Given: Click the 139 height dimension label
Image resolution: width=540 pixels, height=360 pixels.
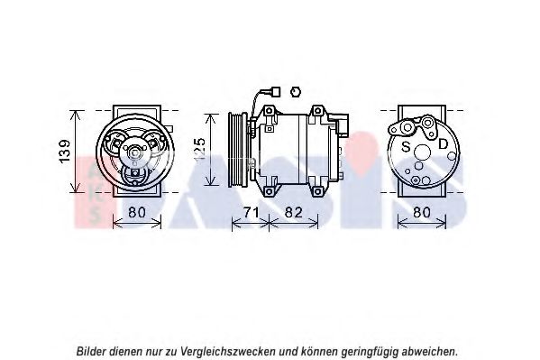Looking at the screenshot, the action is [x=64, y=151].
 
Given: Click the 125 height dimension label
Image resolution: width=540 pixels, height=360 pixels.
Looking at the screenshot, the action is [x=199, y=149].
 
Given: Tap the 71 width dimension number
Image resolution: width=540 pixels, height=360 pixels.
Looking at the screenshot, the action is [x=251, y=212].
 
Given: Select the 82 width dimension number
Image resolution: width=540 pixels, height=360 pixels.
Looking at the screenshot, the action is [x=293, y=212].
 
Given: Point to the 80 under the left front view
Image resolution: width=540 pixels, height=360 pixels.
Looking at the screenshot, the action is [x=137, y=212].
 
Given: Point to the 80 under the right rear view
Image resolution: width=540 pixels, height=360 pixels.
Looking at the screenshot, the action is [x=422, y=212].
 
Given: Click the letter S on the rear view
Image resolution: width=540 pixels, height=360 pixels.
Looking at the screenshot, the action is [x=407, y=146].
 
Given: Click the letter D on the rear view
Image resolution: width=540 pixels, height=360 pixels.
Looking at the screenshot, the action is [x=443, y=143].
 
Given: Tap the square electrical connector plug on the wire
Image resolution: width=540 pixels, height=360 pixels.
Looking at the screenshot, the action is [x=276, y=92].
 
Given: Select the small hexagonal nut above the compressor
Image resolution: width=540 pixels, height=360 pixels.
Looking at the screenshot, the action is [x=295, y=92].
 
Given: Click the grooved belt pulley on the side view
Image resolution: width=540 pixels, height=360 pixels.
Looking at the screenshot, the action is [x=238, y=150].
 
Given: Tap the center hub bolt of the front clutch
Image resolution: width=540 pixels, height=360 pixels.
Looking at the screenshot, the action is [x=134, y=152].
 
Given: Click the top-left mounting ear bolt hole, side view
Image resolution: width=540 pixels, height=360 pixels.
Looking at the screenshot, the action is [x=270, y=111].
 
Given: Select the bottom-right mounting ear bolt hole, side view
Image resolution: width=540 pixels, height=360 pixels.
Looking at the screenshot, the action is [x=317, y=191].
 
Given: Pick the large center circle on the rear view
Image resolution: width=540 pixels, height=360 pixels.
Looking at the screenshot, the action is [x=423, y=152].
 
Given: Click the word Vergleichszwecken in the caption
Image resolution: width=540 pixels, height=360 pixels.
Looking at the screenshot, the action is [x=228, y=352].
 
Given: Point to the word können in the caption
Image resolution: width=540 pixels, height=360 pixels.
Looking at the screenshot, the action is [x=319, y=352].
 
